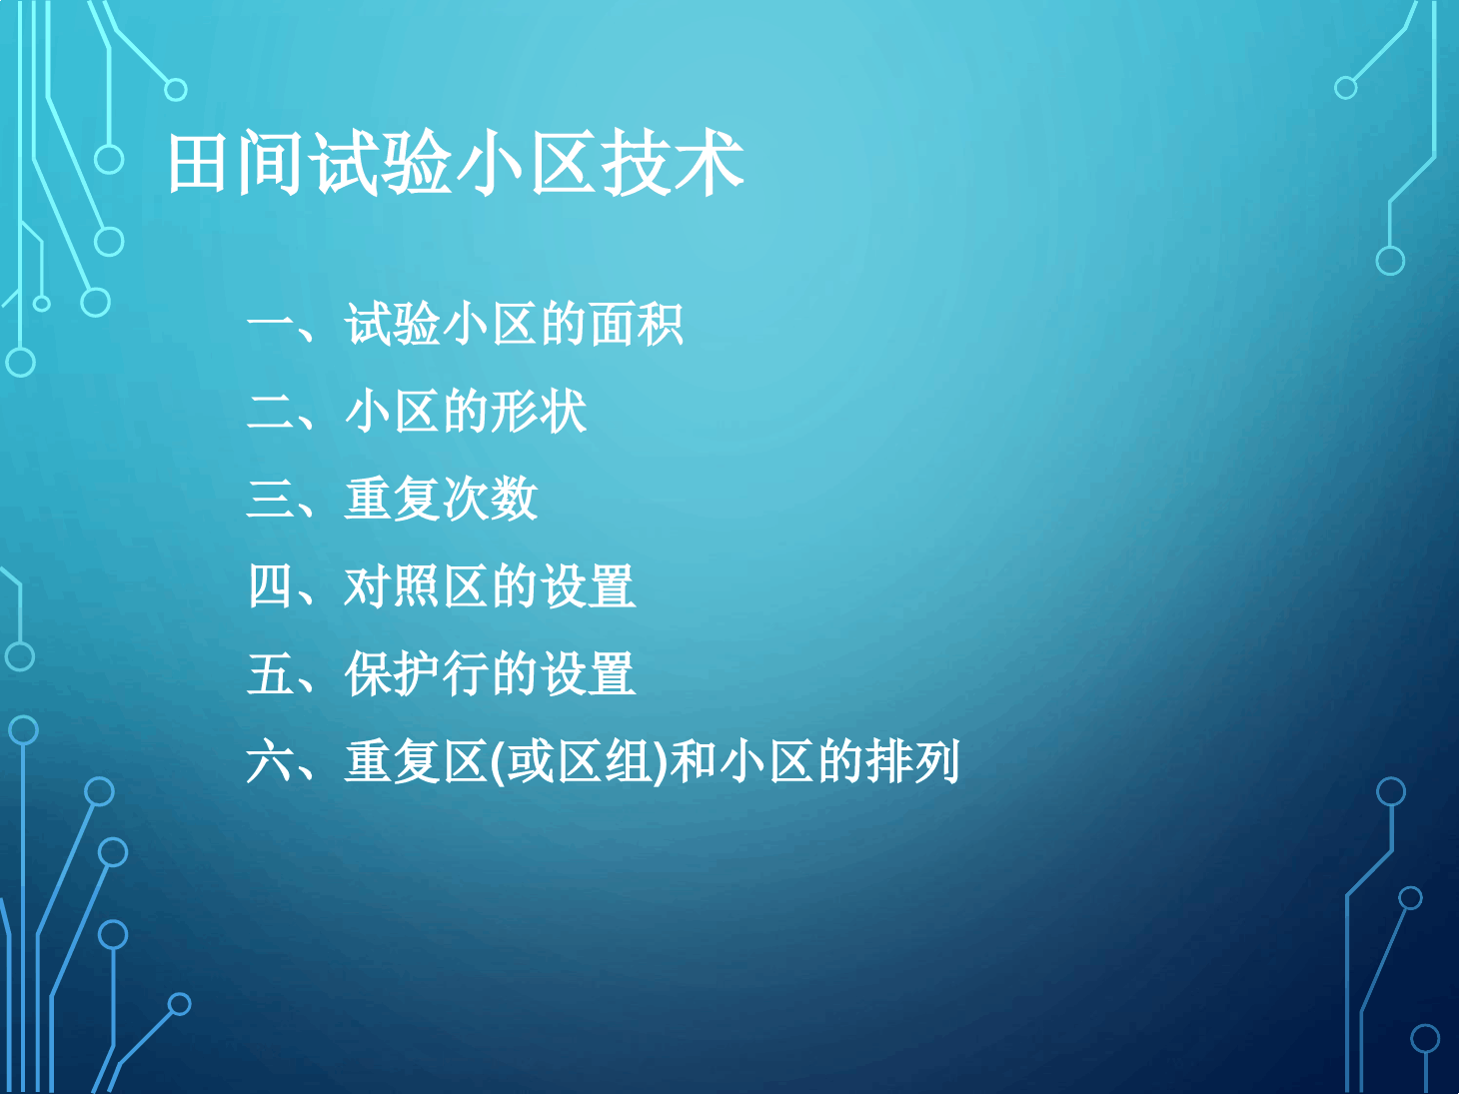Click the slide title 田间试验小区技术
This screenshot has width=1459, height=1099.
pyautogui.click(x=455, y=163)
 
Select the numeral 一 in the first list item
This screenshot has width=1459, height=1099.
pyautogui.click(x=270, y=325)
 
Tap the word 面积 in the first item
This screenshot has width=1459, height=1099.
pyautogui.click(x=636, y=325)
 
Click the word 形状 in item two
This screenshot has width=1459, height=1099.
pyautogui.click(x=539, y=412)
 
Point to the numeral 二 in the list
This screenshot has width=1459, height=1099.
pyautogui.click(x=270, y=412)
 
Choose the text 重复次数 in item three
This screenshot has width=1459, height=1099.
pyautogui.click(x=441, y=499)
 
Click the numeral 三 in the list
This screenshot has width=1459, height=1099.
pyautogui.click(x=270, y=499)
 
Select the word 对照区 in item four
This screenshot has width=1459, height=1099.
pyautogui.click(x=417, y=586)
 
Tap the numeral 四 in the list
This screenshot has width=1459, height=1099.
pyautogui.click(x=270, y=586)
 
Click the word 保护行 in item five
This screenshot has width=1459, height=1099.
pyautogui.click(x=417, y=673)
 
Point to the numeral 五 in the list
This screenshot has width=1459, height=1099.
pyautogui.click(x=270, y=673)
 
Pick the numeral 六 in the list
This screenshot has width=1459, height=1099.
pyautogui.click(x=270, y=761)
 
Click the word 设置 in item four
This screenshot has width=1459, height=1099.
pyautogui.click(x=587, y=586)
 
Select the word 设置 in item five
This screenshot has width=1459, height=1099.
pyautogui.click(x=587, y=673)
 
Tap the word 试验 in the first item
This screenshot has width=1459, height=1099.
pyautogui.click(x=393, y=325)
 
